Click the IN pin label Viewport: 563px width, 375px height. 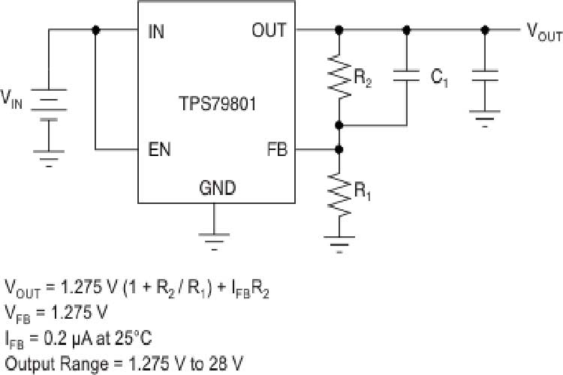(x=157, y=31)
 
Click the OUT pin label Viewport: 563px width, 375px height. (x=269, y=31)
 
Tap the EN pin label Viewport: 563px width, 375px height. (x=159, y=149)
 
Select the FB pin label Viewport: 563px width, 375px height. (x=276, y=149)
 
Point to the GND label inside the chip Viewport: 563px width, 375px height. (x=216, y=188)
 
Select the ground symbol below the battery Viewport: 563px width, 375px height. (x=49, y=157)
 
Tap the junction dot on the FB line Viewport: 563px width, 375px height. (x=340, y=149)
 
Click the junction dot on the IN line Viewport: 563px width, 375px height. (x=95, y=31)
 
